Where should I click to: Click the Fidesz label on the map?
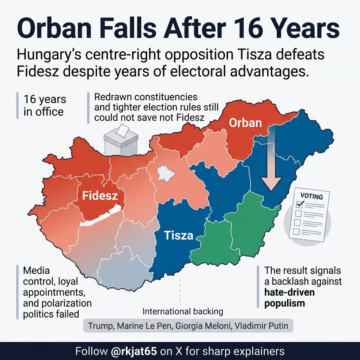(99, 196)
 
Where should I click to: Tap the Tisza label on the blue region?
(179, 235)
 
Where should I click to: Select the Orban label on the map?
(245, 123)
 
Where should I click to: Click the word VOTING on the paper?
(312, 197)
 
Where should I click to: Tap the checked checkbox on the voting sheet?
(300, 204)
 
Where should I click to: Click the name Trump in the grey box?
(99, 326)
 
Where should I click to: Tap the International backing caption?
(183, 311)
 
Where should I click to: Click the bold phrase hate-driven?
(290, 292)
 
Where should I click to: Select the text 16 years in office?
(44, 105)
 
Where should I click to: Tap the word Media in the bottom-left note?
(36, 271)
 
